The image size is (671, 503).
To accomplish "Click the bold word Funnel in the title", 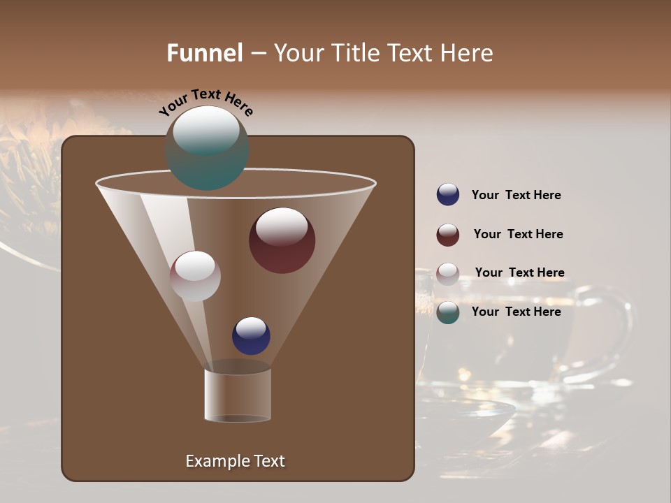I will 205,53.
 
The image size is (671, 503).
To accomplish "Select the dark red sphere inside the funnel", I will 282,241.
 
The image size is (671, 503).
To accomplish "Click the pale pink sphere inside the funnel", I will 195,276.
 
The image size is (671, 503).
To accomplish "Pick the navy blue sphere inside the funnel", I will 251,336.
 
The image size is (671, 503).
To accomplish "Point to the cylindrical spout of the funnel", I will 238,395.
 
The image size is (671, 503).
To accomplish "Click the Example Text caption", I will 235,461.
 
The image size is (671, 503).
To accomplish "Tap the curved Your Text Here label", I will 206,101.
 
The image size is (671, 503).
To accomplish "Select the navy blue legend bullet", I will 448,195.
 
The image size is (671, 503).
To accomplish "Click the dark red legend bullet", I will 448,235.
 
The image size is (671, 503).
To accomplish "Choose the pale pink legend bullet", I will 448,274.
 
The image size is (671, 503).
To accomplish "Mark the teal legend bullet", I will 448,312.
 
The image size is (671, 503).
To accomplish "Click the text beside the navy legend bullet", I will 516,195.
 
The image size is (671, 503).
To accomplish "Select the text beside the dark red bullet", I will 518,234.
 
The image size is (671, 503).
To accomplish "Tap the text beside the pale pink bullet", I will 519,272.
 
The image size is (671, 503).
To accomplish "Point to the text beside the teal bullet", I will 516,312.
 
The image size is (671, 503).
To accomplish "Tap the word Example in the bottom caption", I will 215,461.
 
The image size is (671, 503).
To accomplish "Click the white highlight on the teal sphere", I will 206,131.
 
